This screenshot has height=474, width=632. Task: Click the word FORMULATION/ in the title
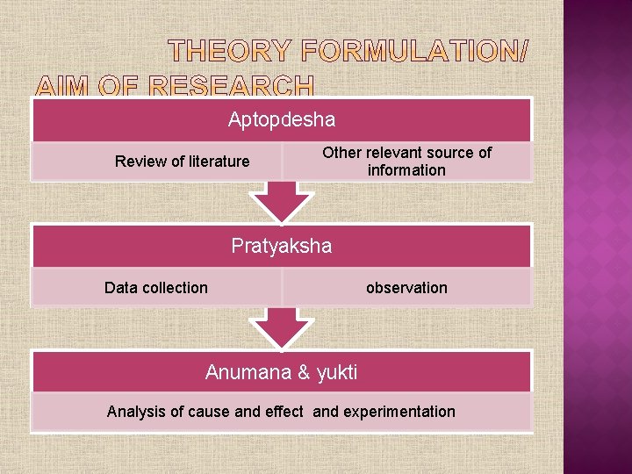[x=413, y=53]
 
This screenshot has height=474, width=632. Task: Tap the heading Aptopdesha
[x=282, y=118]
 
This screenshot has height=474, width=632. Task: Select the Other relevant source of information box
[x=406, y=162]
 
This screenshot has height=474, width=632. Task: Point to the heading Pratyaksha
[x=282, y=246]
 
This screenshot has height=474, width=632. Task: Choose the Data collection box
[x=156, y=288]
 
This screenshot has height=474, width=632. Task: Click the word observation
[x=406, y=288]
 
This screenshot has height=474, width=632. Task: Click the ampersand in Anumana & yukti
[x=305, y=372]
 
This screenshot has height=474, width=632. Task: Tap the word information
[x=406, y=170]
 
